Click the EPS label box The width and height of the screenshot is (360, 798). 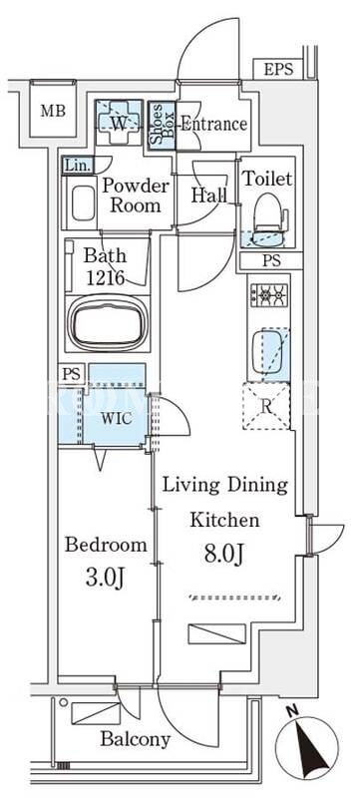pos(278,69)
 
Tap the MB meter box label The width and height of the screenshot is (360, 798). pos(54,111)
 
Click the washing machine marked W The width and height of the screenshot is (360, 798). pos(119,123)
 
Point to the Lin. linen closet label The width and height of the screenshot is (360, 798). pos(78,165)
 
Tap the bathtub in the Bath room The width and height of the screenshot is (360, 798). pos(108,323)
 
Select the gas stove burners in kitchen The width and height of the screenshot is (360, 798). pos(269,295)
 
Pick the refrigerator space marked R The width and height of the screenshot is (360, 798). pos(266,406)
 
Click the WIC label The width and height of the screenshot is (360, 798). pos(117,418)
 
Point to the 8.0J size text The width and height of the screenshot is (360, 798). pos(222,554)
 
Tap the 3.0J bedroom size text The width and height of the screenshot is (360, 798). pos(106,579)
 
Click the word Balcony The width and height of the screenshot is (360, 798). pos(136,739)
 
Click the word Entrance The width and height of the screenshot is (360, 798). pos(214,124)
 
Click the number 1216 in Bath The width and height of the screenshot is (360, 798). pos(106,278)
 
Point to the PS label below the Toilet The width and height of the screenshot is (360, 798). pos(271,260)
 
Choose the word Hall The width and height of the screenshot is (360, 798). pos(209,196)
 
